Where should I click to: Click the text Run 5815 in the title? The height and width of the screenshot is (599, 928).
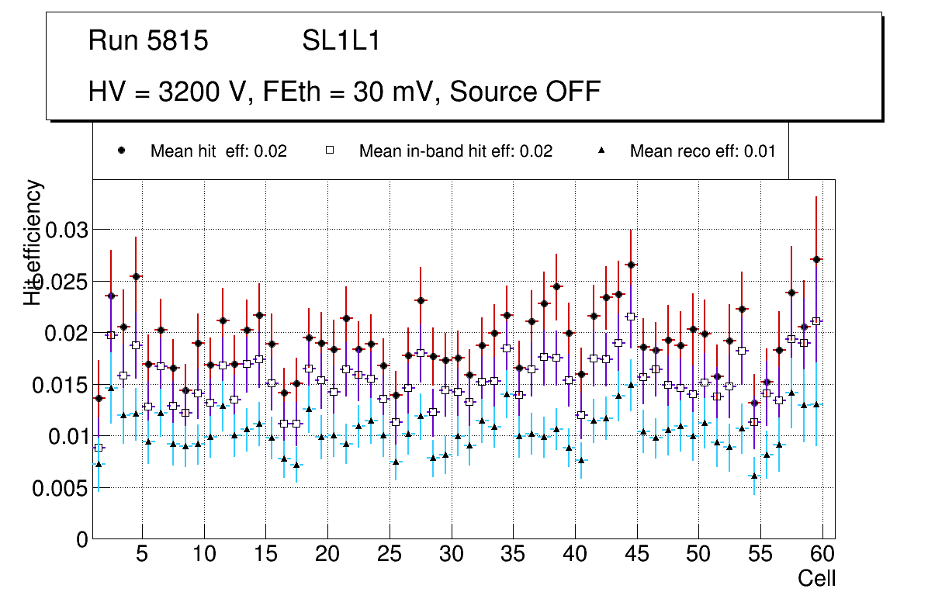(148, 41)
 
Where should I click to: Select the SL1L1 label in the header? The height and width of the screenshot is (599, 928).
(341, 41)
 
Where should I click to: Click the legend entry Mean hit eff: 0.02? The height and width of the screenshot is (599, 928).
(218, 151)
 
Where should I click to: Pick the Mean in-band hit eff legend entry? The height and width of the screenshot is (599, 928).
(455, 151)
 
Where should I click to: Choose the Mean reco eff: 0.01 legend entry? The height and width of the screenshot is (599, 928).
(702, 151)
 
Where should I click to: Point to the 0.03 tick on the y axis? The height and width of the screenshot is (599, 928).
(68, 230)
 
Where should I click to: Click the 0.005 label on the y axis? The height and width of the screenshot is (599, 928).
(61, 489)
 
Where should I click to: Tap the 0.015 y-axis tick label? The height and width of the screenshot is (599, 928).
(61, 385)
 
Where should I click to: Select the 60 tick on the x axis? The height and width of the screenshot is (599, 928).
(822, 556)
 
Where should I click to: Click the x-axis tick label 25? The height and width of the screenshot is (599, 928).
(389, 556)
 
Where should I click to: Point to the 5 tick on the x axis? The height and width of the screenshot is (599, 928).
(141, 556)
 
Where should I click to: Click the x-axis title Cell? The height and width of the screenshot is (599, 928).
(817, 579)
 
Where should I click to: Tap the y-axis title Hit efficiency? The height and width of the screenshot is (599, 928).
(33, 242)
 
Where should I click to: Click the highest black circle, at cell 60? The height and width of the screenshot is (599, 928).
(816, 259)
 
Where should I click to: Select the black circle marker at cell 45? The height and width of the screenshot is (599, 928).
(631, 265)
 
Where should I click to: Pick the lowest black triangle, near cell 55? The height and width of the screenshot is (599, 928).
(754, 476)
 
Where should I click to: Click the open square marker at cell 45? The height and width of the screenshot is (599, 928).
(631, 317)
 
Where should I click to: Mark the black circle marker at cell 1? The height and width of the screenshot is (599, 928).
(99, 398)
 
